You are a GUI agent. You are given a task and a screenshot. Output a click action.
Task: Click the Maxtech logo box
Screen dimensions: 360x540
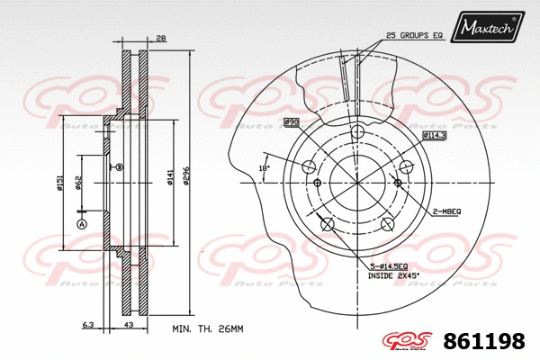click(489, 28)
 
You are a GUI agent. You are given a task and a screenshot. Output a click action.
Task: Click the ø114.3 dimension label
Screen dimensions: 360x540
click(436, 135)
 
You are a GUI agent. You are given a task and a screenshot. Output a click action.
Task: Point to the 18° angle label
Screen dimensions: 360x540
click(263, 168)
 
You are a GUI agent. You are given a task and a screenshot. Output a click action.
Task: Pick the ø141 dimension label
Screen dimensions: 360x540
click(169, 177)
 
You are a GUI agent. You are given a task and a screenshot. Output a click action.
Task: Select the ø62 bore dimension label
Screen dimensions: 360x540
click(79, 184)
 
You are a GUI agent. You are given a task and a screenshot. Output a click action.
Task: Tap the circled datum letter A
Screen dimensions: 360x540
click(82, 223)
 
